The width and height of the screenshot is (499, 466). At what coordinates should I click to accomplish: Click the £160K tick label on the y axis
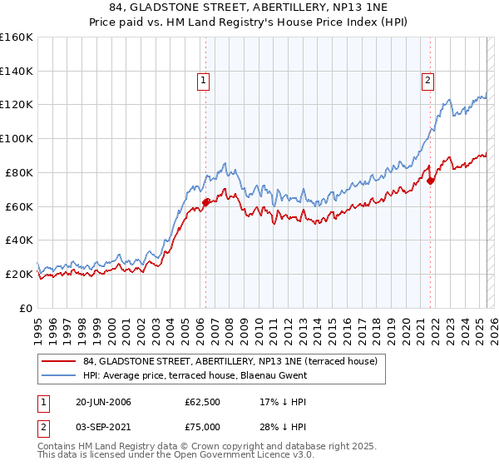[x=17, y=37]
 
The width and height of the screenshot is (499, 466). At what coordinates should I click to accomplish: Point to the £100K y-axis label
[x=17, y=138]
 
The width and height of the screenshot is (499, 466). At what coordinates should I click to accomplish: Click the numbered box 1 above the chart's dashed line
[x=203, y=81]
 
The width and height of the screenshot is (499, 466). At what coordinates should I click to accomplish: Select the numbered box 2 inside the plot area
[x=427, y=81]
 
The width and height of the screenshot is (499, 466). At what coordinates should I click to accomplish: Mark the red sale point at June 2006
[x=205, y=202]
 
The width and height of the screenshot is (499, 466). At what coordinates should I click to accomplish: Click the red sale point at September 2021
[x=430, y=181]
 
